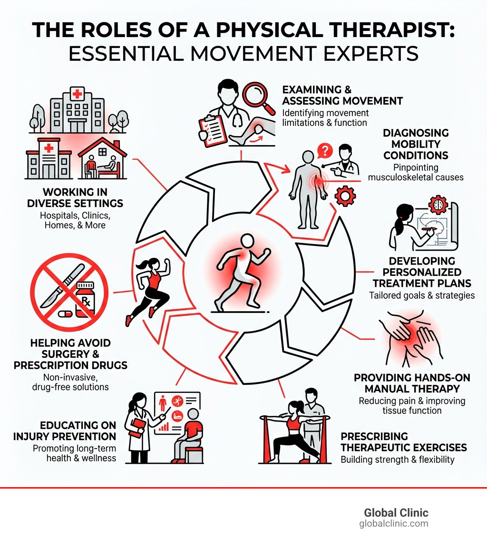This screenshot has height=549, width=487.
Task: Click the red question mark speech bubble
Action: click(x=324, y=151)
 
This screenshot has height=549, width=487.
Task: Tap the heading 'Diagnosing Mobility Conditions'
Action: click(x=416, y=144)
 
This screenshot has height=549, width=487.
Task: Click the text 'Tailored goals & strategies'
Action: click(x=422, y=295)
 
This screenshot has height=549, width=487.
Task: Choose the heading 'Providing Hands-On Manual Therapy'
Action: click(x=412, y=383)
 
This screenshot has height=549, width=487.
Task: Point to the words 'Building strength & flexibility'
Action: click(x=398, y=460)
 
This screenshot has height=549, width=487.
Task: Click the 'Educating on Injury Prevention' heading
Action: click(x=78, y=431)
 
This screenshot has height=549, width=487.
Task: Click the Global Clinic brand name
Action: click(x=396, y=512)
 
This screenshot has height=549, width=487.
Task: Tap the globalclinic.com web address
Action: click(x=394, y=523)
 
